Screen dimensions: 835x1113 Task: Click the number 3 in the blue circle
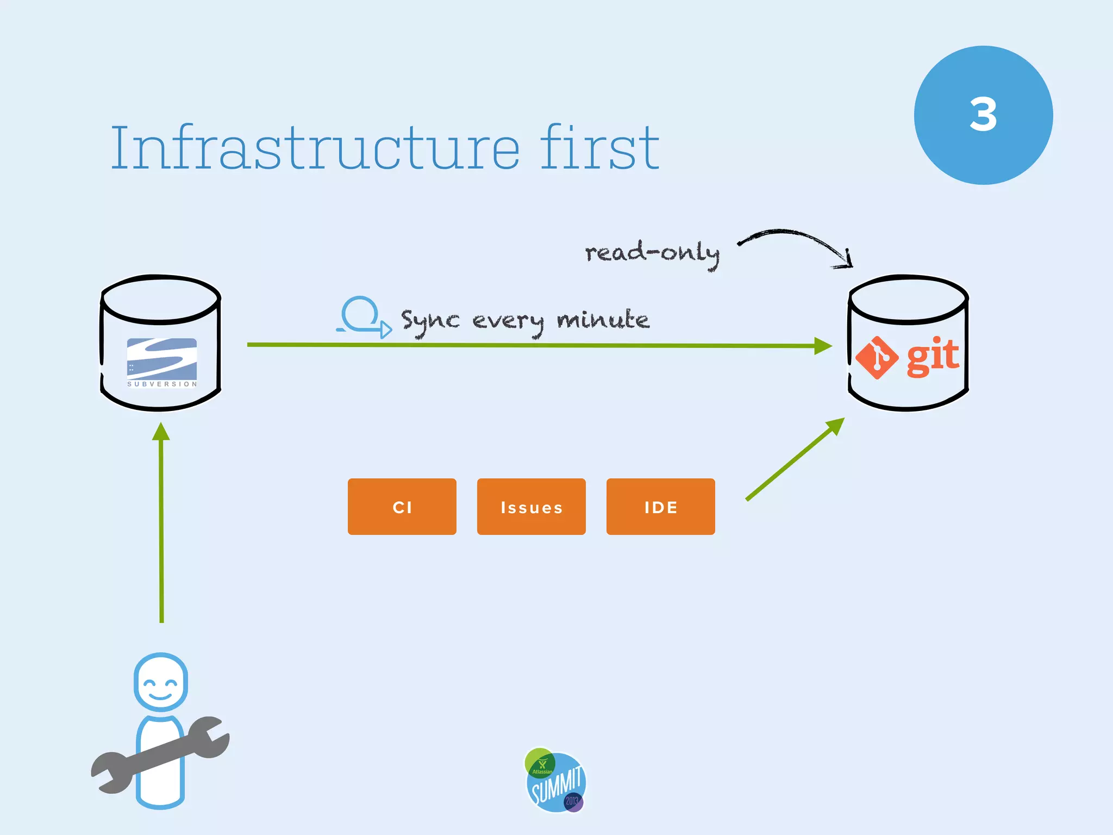tap(983, 115)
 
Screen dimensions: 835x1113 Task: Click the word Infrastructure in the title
tap(315, 148)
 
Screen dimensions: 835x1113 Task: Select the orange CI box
tap(402, 507)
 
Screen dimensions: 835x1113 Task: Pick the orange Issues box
tap(531, 507)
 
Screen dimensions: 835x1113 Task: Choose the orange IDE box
tap(660, 507)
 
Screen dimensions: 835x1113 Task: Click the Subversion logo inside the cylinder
tap(162, 360)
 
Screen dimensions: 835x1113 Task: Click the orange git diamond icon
tap(877, 358)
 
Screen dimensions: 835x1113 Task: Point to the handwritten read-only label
tap(652, 253)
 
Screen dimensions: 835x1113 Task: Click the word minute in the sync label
tap(603, 320)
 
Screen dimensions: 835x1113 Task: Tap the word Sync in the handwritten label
tap(430, 321)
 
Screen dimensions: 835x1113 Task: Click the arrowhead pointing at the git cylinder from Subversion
tap(823, 346)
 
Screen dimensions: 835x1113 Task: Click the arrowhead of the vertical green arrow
tap(161, 432)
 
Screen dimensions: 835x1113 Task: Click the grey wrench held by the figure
tap(161, 756)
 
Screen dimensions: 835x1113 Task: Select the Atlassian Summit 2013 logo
tap(555, 781)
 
